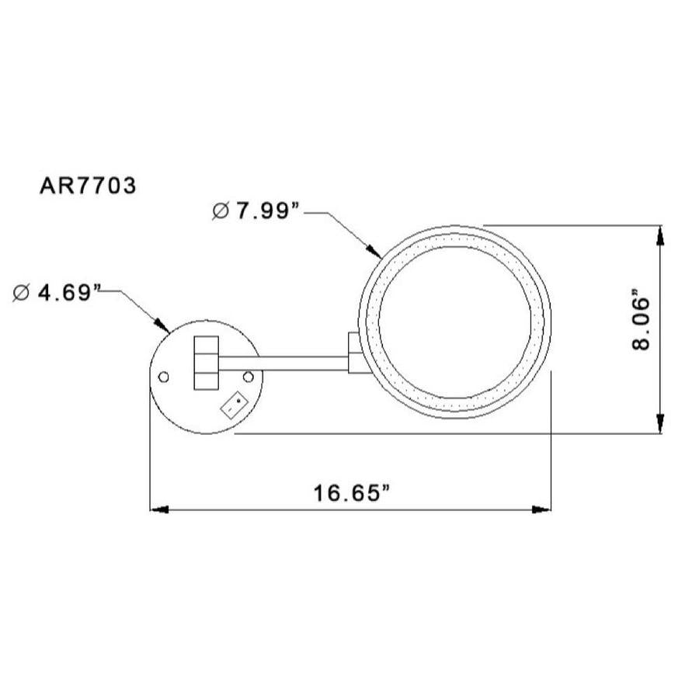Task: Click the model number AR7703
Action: pyautogui.click(x=88, y=186)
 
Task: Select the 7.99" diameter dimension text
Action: pyautogui.click(x=267, y=210)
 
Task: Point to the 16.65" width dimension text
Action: pyautogui.click(x=352, y=493)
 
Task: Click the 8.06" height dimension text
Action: pyautogui.click(x=642, y=320)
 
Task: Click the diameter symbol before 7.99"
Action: pyautogui.click(x=221, y=210)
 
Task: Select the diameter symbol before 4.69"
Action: pyautogui.click(x=22, y=293)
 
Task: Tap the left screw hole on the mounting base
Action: pyautogui.click(x=164, y=377)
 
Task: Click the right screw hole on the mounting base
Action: pyautogui.click(x=249, y=377)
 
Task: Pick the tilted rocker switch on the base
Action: pyautogui.click(x=235, y=405)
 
